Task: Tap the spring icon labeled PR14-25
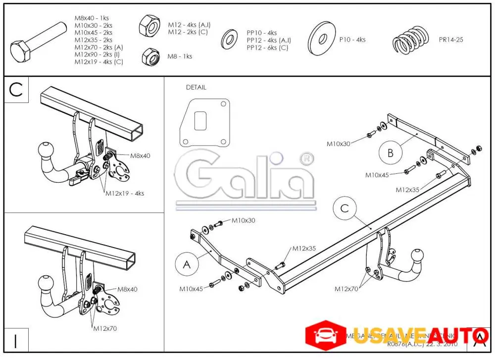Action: [x=410, y=40]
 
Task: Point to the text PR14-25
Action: [x=450, y=40]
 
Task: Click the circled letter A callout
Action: [x=187, y=264]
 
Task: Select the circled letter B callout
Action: [x=390, y=153]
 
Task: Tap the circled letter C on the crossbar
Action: [x=345, y=209]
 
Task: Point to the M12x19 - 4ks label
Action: [x=124, y=194]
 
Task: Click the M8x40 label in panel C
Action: [x=140, y=155]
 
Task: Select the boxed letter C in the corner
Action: [x=16, y=90]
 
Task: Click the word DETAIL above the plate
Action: [x=196, y=87]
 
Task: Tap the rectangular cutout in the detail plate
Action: [x=200, y=120]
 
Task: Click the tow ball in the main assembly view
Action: [x=416, y=255]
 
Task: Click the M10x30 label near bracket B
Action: [x=339, y=144]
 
